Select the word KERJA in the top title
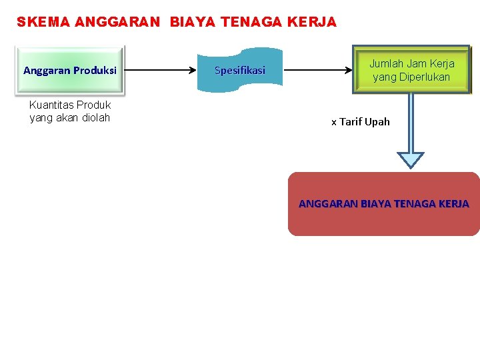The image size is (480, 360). coord(313,22)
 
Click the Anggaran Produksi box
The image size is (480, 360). coord(69,70)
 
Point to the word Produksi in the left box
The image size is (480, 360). coord(95,70)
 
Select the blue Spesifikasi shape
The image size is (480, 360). coord(240,70)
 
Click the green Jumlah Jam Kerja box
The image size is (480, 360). coord(411,70)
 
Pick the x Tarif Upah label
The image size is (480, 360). coord(360,122)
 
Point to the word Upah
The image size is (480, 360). coord(377,122)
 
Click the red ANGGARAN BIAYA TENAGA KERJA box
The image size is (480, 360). coord(383,204)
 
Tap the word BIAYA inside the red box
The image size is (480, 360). coord(375,204)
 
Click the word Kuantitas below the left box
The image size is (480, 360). coord(51,105)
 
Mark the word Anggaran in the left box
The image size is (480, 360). coord(47,70)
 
